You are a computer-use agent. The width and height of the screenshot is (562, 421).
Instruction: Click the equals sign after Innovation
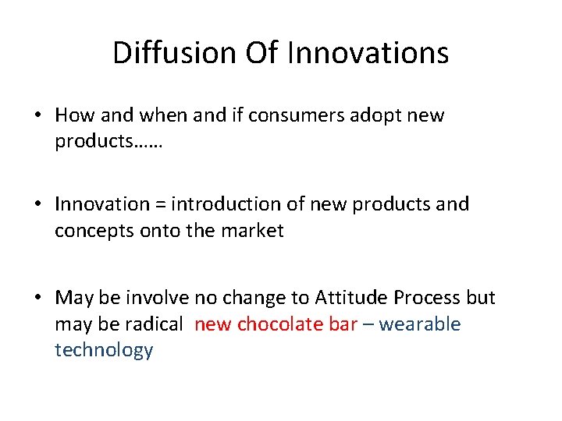click(159, 205)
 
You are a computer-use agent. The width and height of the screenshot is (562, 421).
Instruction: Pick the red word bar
click(343, 324)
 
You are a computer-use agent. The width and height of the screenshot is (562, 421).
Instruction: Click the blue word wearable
click(420, 324)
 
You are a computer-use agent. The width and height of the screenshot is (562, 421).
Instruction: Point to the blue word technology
click(104, 350)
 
